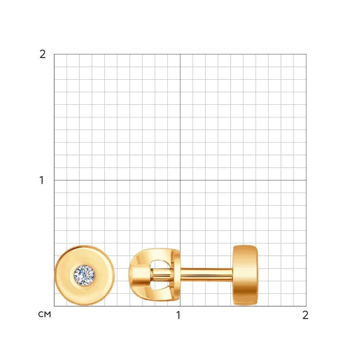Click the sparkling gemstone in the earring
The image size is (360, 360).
pos(84,275)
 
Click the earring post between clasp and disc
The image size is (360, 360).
pos(206,275)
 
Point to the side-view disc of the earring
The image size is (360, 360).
pos(245,275)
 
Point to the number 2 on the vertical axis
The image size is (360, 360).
pos(42,54)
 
